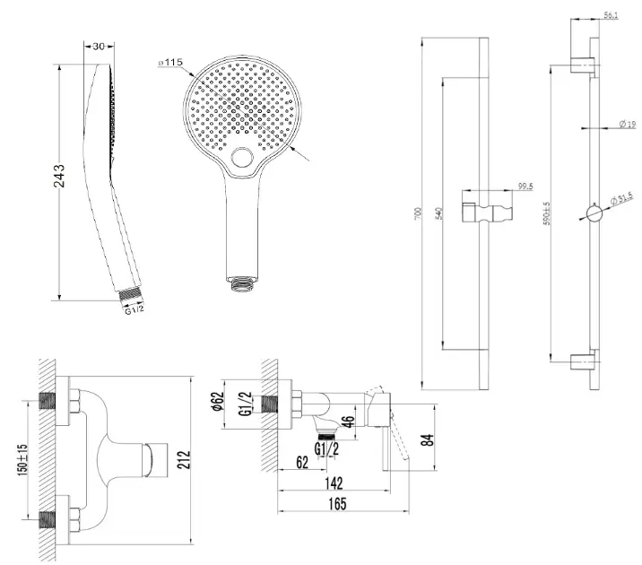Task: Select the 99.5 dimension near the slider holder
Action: click(x=525, y=187)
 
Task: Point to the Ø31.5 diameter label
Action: click(x=621, y=197)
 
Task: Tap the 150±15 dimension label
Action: click(x=24, y=463)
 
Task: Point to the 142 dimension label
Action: click(x=339, y=484)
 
